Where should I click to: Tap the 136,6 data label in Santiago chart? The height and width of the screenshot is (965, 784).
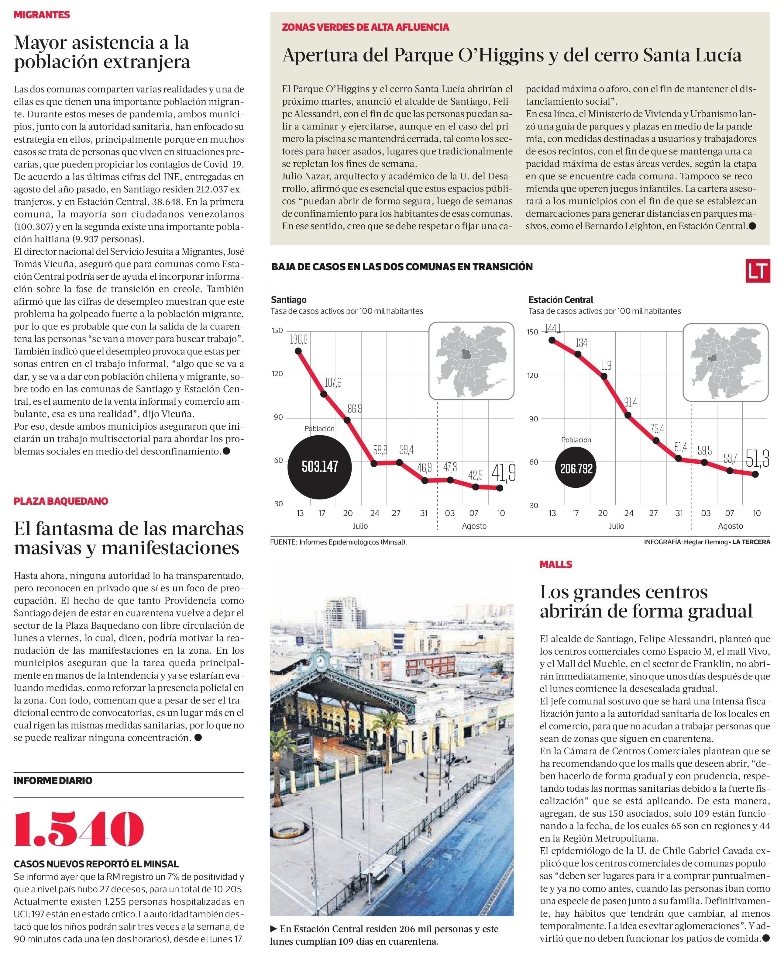(x=298, y=339)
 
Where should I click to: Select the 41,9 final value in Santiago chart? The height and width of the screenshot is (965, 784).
(x=503, y=473)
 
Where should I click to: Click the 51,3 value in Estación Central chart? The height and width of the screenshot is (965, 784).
(x=757, y=458)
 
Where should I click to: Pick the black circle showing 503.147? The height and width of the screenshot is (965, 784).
(x=320, y=467)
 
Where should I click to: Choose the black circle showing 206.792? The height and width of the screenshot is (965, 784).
(x=576, y=469)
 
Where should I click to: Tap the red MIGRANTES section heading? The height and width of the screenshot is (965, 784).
(x=42, y=15)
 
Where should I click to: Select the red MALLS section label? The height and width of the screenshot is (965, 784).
(x=555, y=564)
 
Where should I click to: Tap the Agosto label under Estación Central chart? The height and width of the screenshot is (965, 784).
(x=730, y=526)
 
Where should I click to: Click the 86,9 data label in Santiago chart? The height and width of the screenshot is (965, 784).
(x=355, y=409)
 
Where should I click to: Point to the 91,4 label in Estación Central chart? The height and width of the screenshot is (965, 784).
(x=631, y=402)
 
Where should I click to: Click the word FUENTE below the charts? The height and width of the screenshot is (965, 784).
(x=283, y=542)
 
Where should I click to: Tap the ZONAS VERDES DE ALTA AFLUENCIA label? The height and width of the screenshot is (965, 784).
(x=365, y=27)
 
